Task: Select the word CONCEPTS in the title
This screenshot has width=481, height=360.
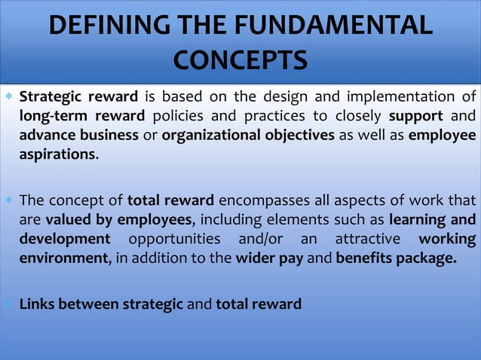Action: [x=240, y=59]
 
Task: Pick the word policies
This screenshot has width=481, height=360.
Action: [x=179, y=116]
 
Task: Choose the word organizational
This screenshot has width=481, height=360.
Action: [x=210, y=136]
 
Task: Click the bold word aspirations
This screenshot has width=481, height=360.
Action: [x=57, y=154]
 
